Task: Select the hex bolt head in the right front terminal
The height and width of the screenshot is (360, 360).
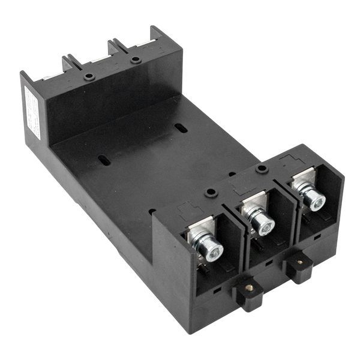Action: point(314,199)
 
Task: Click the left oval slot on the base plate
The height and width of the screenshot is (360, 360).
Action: point(104,160)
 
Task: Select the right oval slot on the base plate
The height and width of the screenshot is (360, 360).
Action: point(181,128)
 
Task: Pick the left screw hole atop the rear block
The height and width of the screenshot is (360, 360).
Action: point(89,77)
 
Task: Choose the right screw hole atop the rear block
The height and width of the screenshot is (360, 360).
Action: point(136,59)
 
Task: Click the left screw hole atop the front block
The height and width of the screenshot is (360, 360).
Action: point(210,193)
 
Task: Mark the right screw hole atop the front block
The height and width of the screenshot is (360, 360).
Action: point(262,169)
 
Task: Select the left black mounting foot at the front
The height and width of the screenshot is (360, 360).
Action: point(250,293)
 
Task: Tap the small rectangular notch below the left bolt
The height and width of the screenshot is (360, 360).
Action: point(217,289)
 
